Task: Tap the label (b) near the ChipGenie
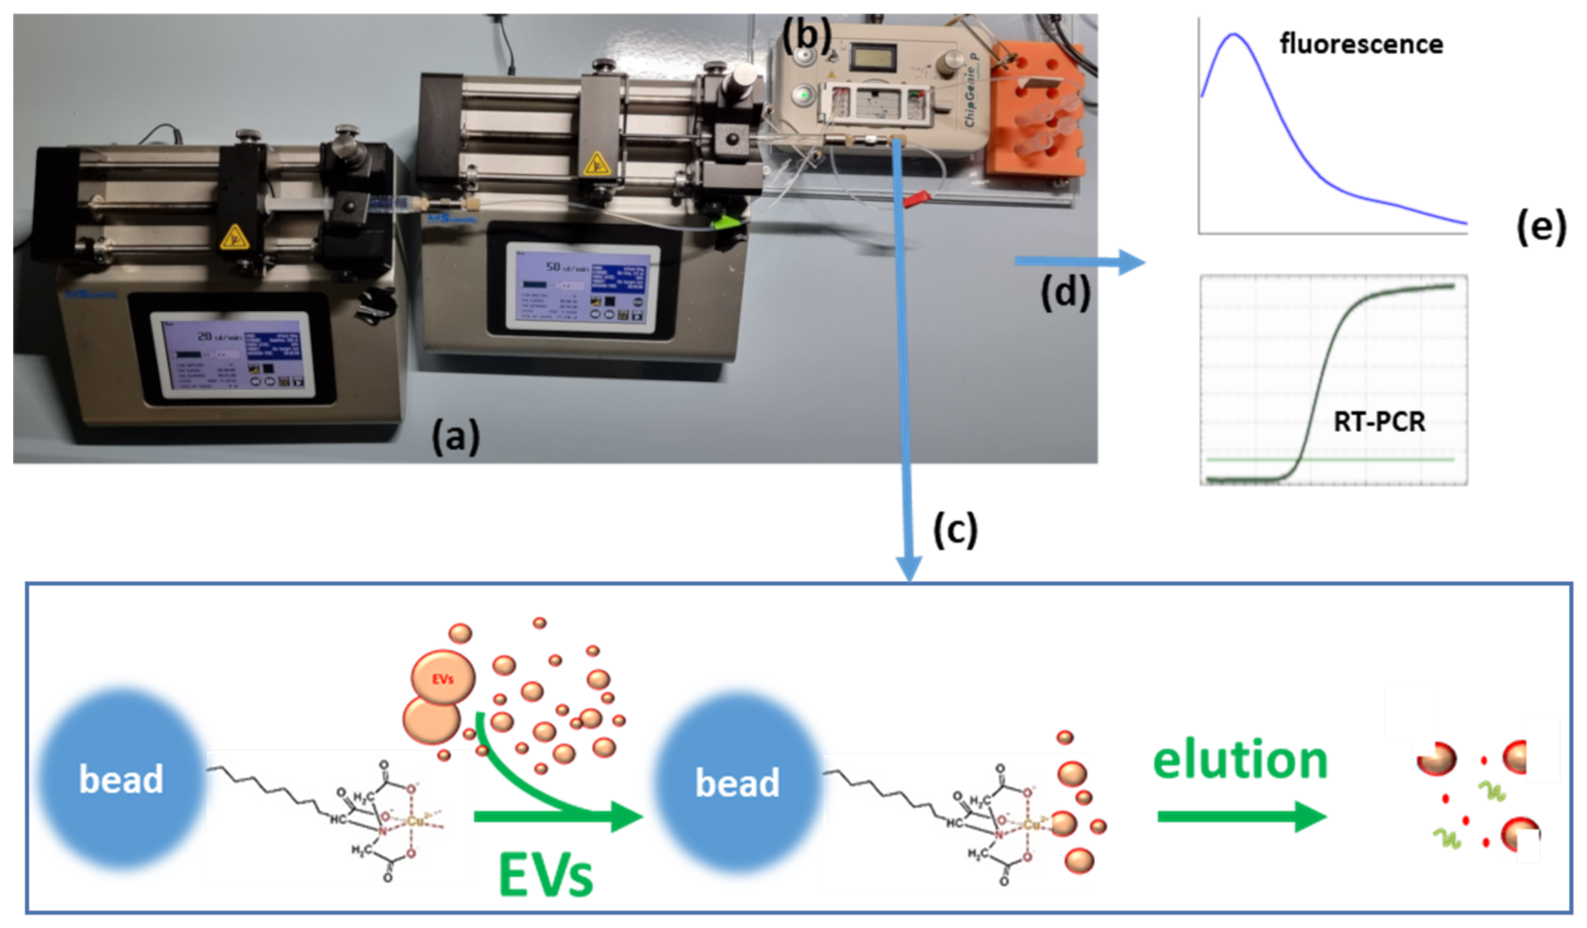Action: coord(807,37)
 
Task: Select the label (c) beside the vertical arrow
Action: coord(955,529)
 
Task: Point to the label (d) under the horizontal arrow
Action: coord(1065,293)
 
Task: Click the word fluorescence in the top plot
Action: coord(1361,44)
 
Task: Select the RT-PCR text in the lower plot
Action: coord(1379,421)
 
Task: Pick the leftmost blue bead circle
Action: coord(121,779)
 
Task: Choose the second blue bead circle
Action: coord(737,782)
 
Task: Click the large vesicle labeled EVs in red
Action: coord(443,678)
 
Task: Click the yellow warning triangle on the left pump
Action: coord(233,238)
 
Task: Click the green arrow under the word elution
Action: coord(1241,817)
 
